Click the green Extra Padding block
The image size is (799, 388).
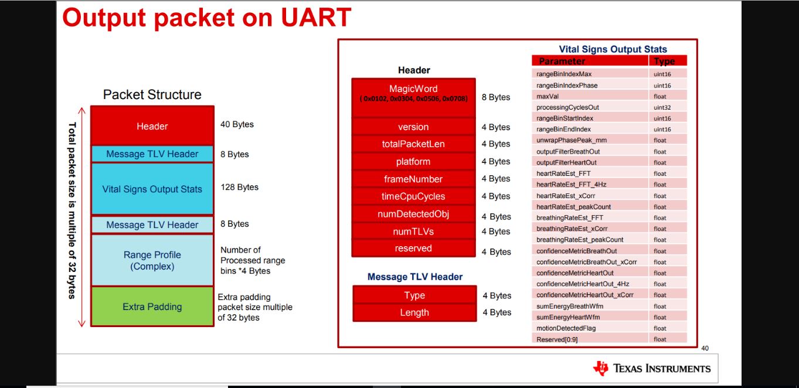pyautogui.click(x=152, y=307)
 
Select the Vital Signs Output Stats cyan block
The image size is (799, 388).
pyautogui.click(x=152, y=189)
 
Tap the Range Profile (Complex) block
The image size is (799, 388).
pyautogui.click(x=152, y=260)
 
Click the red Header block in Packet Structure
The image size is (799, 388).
pyautogui.click(x=152, y=126)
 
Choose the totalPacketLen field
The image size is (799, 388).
pyautogui.click(x=413, y=144)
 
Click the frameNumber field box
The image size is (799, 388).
pyautogui.click(x=413, y=179)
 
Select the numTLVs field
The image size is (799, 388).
pyautogui.click(x=413, y=232)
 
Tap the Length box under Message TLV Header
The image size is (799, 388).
pyautogui.click(x=414, y=312)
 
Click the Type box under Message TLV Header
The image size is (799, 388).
pyautogui.click(x=414, y=295)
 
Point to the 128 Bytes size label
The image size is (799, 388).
pyautogui.click(x=239, y=188)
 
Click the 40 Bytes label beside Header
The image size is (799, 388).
pyautogui.click(x=237, y=125)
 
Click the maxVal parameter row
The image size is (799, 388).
pyautogui.click(x=590, y=96)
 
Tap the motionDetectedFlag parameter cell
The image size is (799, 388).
pyautogui.click(x=590, y=328)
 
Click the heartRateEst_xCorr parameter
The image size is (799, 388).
pyautogui.click(x=590, y=196)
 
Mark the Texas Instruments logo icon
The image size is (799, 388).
pyautogui.click(x=601, y=368)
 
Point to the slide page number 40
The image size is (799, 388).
pyautogui.click(x=705, y=348)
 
